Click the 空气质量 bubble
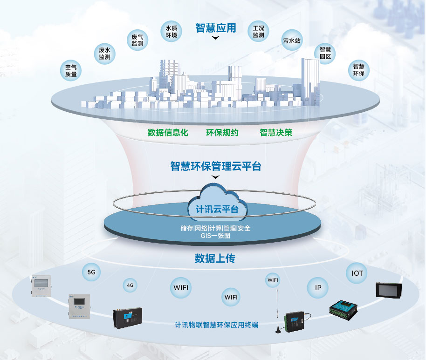click(x=71, y=70)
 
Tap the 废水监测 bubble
click(x=105, y=54)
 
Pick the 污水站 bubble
click(x=292, y=41)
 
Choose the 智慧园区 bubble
click(x=325, y=53)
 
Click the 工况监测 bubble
click(x=259, y=31)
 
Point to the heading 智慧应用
click(x=215, y=27)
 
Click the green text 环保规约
click(x=222, y=133)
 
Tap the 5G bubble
click(x=91, y=273)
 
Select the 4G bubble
click(x=130, y=285)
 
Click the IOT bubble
click(x=357, y=273)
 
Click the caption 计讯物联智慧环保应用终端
click(x=216, y=326)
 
